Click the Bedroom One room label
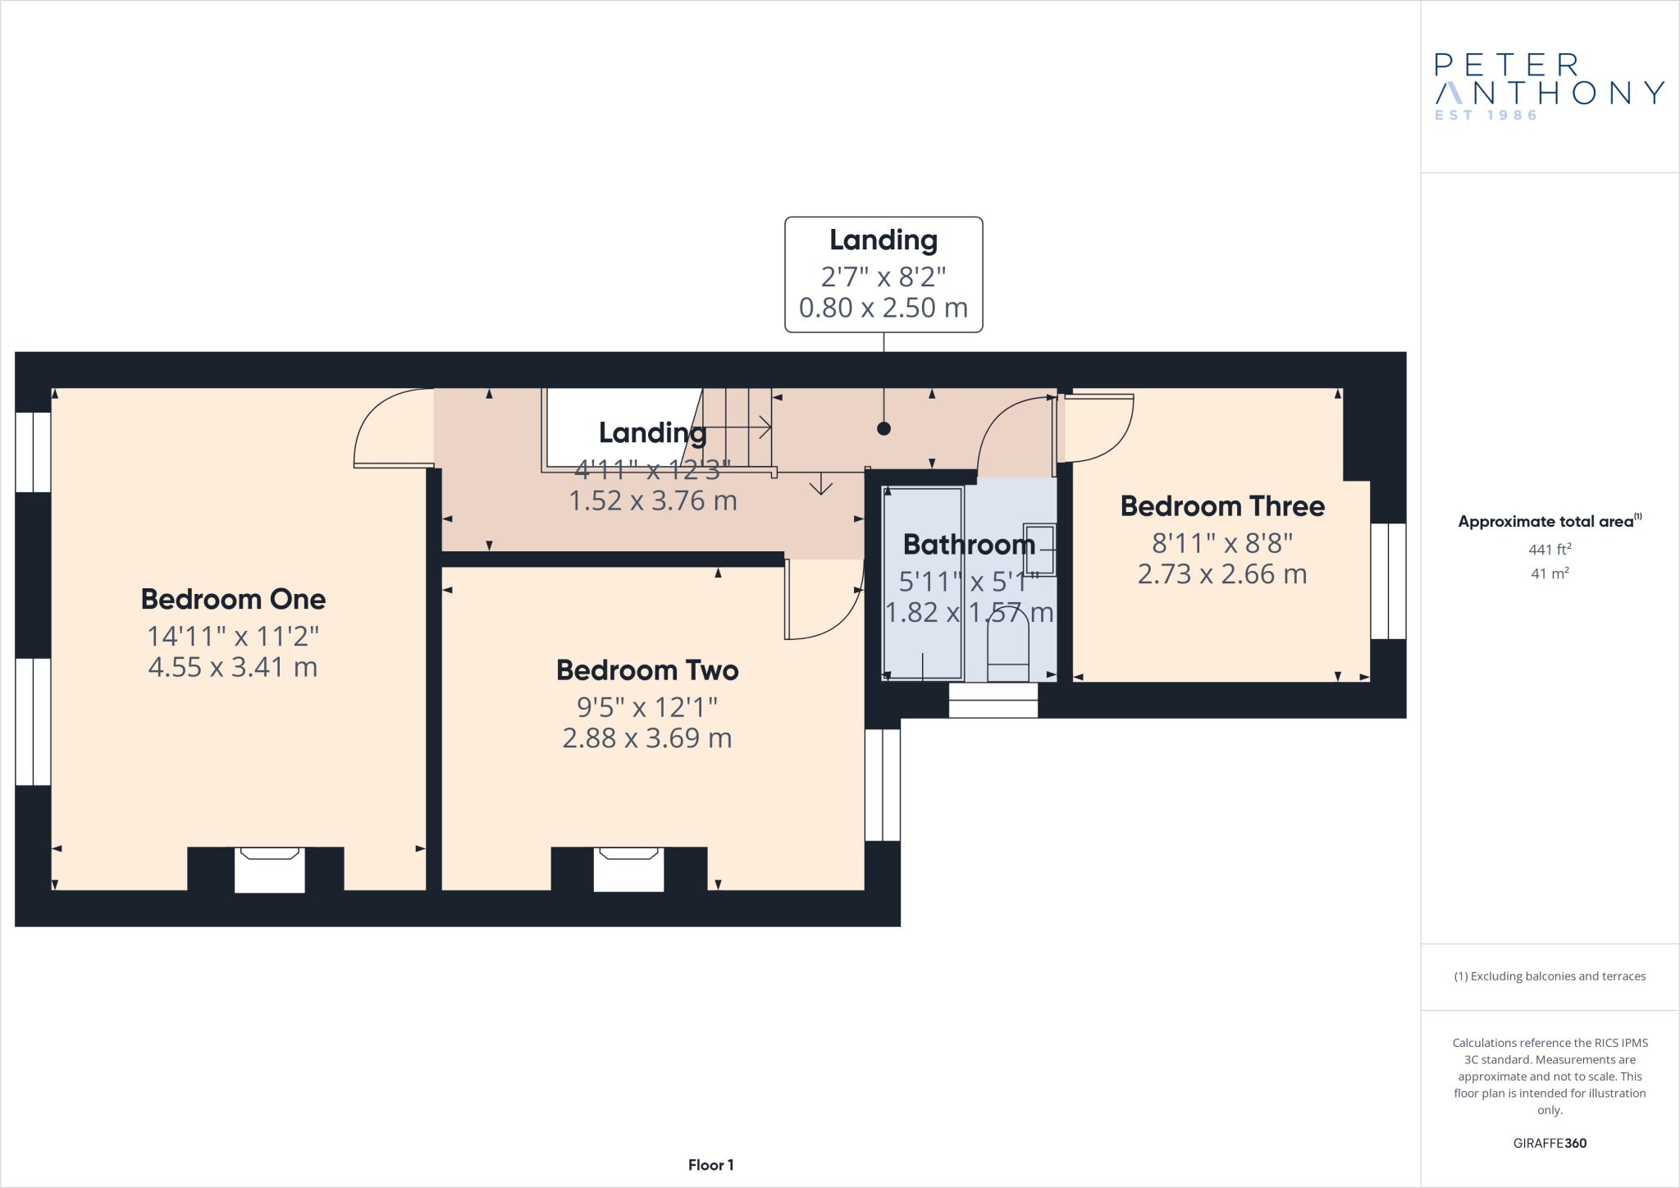(233, 600)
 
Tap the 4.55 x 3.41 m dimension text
(233, 667)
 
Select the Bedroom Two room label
(647, 670)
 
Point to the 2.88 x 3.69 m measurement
(647, 738)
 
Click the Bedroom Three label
(1222, 506)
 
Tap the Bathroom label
(969, 545)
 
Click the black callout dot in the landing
(883, 428)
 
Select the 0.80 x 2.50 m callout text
(883, 308)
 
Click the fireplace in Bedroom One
(269, 870)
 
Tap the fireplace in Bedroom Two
(628, 870)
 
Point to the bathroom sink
(1039, 549)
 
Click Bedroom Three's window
(1388, 581)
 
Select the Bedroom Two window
(883, 784)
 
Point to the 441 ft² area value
(1549, 550)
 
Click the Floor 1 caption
(710, 1165)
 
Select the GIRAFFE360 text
(1549, 1143)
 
